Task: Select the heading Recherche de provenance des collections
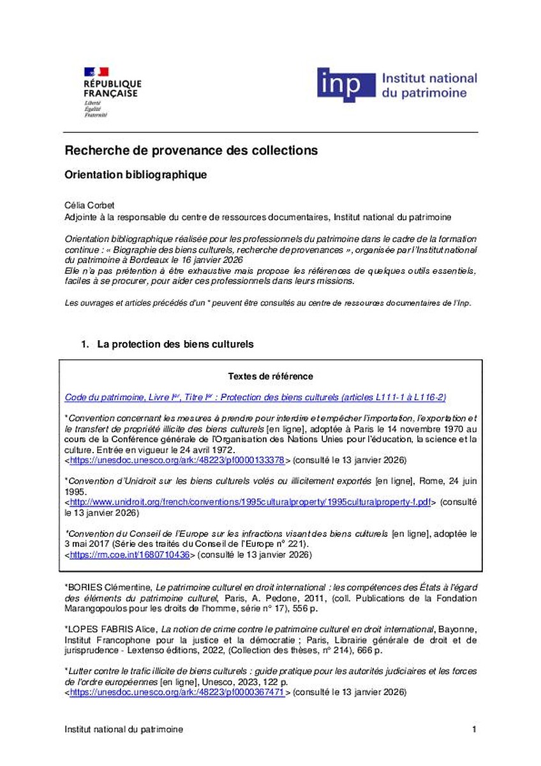point(191,151)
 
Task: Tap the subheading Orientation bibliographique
point(136,175)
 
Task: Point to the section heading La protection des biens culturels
point(175,344)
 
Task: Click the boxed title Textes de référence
point(270,377)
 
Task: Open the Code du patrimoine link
point(255,397)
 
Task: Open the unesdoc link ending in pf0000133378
point(177,460)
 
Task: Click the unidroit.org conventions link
point(251,502)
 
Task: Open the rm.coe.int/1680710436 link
point(130,555)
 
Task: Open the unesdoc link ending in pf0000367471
point(177,692)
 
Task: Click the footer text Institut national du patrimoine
point(124,730)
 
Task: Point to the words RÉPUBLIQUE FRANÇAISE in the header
point(112,88)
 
